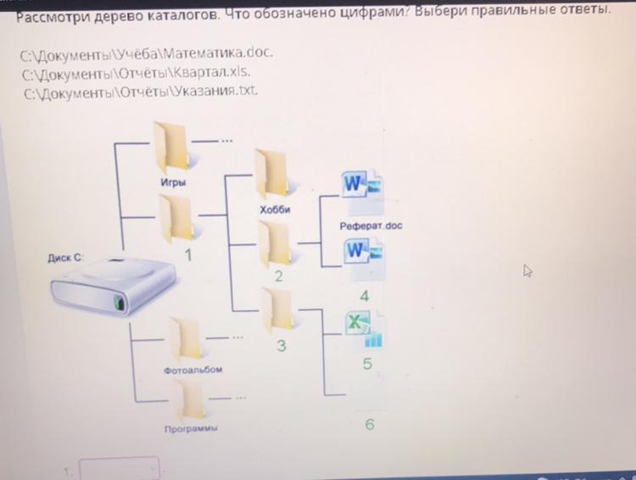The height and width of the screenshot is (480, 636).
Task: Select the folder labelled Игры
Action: [172, 146]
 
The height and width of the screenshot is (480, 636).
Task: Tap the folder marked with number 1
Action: [176, 218]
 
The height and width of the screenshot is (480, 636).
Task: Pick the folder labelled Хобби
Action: [273, 174]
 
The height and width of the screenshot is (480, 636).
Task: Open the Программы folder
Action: [190, 399]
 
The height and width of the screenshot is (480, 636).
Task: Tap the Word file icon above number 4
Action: [363, 259]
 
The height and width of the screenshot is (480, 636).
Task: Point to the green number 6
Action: [369, 424]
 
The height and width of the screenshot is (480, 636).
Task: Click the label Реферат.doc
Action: [371, 226]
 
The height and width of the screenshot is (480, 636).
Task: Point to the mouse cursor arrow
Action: [528, 271]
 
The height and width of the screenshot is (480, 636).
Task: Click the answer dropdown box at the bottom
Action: [120, 468]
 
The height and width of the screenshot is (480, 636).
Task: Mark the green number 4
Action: [365, 296]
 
